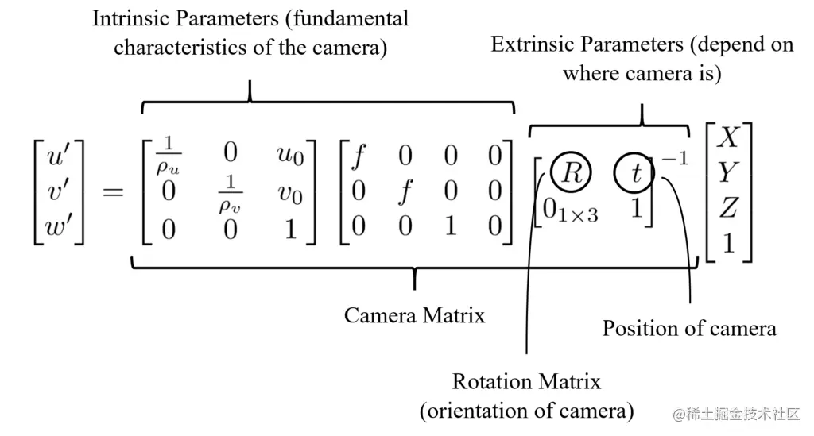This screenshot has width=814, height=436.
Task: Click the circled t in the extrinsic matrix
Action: [x=635, y=173]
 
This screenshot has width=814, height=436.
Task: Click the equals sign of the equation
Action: [x=112, y=193]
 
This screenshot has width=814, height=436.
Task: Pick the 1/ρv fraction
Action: [x=230, y=193]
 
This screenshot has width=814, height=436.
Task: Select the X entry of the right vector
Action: [x=727, y=138]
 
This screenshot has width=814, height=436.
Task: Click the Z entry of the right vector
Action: [x=727, y=207]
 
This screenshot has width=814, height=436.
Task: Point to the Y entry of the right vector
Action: [x=727, y=172]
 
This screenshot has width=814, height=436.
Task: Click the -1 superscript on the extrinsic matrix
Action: [x=674, y=159]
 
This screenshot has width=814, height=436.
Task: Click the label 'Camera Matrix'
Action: [x=414, y=315]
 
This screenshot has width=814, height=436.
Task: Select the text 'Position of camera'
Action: [x=688, y=328]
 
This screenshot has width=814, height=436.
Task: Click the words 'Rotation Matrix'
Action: [x=526, y=381]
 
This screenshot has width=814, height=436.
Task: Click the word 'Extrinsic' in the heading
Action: [x=530, y=44]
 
